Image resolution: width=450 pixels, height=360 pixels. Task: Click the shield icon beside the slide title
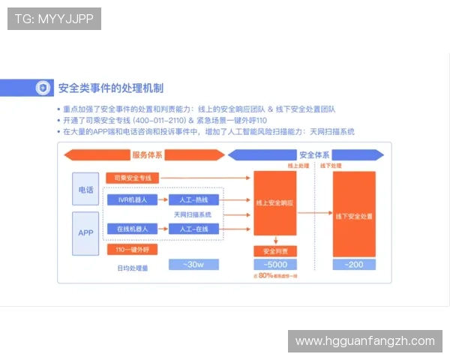[43, 88]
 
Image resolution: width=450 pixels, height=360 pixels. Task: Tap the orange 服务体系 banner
[146, 155]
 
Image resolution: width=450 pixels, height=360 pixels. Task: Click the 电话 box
[85, 190]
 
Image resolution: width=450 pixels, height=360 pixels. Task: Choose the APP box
[85, 232]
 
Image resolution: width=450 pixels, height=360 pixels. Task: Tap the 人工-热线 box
[193, 199]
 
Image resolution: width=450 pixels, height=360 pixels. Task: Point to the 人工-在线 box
[193, 228]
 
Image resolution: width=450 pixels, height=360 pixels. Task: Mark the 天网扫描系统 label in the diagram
[193, 214]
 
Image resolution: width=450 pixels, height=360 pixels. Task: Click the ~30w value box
[193, 265]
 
